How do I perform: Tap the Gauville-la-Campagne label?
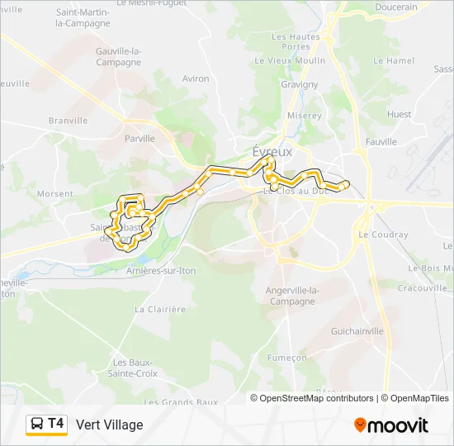(119, 57)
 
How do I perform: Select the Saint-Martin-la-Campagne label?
(83, 17)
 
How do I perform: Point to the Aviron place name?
(196, 78)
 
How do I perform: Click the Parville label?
(140, 139)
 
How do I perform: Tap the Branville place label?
(68, 120)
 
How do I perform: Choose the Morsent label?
(55, 194)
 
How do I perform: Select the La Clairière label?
(160, 309)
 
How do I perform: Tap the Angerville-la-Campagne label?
(292, 296)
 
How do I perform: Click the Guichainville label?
(357, 330)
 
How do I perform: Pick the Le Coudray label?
(383, 235)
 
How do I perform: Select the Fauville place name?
(381, 142)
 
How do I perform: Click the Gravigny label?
(299, 84)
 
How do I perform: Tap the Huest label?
(399, 114)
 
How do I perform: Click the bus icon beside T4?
(37, 425)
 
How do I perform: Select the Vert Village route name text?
(109, 425)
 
